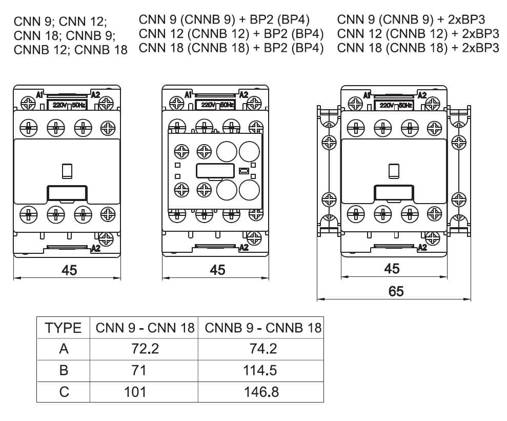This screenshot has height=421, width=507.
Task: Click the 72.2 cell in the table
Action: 145,349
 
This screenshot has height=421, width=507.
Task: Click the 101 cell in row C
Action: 135,392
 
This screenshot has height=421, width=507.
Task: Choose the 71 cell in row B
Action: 138,370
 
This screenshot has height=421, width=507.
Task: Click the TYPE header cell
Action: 63,328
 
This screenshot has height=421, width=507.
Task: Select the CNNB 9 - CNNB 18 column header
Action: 263,328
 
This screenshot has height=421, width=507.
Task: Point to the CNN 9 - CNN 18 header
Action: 145,328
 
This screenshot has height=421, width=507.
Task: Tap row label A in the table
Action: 64,349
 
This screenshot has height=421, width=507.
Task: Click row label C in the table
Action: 64,392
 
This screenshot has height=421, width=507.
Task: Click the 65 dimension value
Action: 396,291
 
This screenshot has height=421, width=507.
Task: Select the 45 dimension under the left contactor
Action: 69,270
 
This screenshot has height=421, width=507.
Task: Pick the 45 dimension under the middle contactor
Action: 217,270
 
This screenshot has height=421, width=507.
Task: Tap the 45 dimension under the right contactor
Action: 392,269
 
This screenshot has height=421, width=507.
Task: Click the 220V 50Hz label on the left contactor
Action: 67,105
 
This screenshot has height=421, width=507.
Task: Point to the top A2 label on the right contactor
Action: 422,95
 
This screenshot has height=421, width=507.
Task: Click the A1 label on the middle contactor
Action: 188,95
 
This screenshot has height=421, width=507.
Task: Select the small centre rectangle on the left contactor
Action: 67,170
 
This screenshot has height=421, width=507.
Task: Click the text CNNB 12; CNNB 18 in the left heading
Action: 71,50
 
